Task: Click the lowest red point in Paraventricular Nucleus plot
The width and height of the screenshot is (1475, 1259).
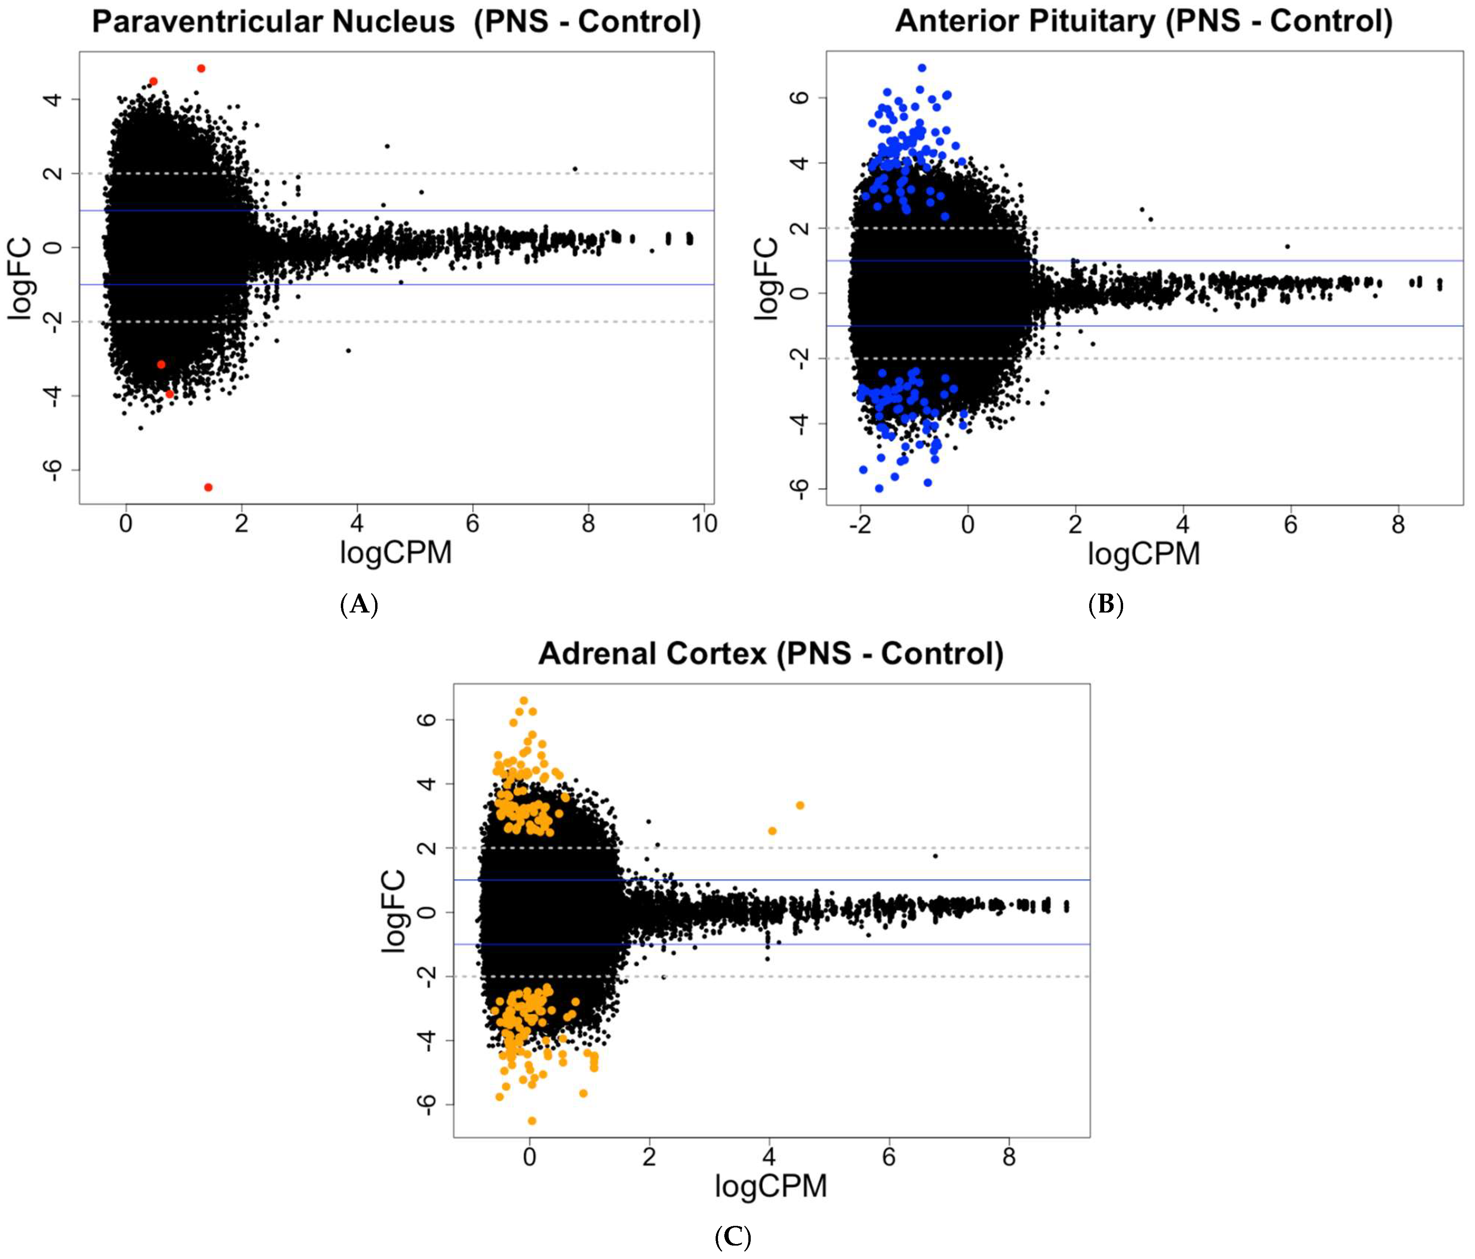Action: (x=208, y=487)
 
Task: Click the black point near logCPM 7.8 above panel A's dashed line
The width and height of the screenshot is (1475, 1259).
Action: (x=574, y=169)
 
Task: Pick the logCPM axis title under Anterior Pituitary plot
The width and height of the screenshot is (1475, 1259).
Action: (x=1143, y=554)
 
